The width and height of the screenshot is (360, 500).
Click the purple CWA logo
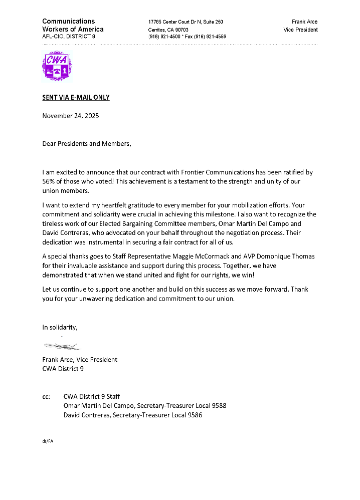(57, 67)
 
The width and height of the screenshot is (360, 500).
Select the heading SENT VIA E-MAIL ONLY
(76, 97)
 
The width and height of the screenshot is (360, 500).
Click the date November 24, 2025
(70, 116)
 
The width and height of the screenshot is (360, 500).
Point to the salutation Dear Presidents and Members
(86, 144)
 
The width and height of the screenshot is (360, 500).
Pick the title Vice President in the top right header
(300, 30)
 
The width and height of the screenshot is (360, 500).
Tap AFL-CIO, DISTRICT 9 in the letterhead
(69, 37)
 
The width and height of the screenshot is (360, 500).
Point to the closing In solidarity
(60, 327)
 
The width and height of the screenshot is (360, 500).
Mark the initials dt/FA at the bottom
(48, 441)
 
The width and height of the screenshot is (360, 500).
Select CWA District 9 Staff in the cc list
(92, 396)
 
